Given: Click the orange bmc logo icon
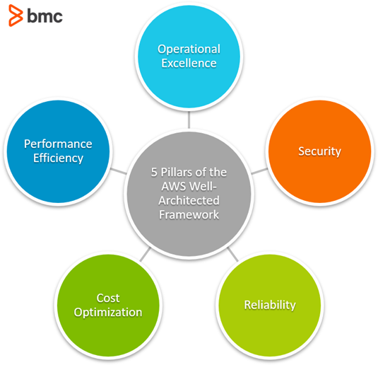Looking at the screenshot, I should [x=14, y=16].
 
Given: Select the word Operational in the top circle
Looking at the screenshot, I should [x=189, y=49].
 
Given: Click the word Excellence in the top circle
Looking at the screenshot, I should [x=189, y=63].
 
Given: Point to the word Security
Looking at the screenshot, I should [x=319, y=151].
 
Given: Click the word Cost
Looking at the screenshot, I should [x=109, y=298].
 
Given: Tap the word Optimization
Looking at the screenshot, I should [x=109, y=312].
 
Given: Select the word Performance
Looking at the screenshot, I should [x=58, y=144].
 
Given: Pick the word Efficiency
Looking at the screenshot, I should [x=58, y=158].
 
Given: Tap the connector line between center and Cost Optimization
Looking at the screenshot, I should [x=143, y=254].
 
